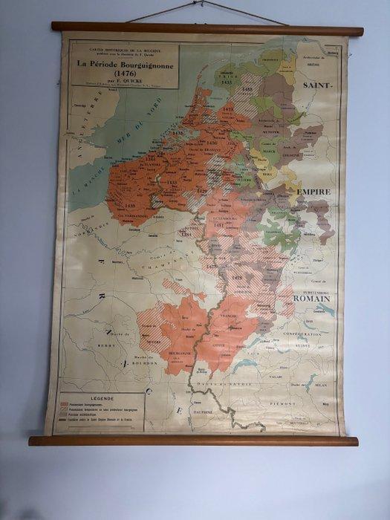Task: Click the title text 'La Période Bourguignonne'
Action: click(x=123, y=63)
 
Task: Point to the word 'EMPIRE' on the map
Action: click(x=313, y=192)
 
